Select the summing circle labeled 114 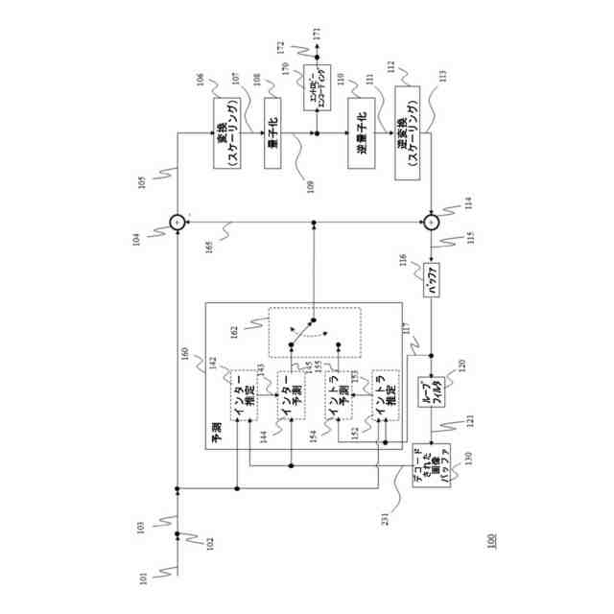point(432,223)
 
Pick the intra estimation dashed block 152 point(385,395)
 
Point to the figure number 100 point(492,541)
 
